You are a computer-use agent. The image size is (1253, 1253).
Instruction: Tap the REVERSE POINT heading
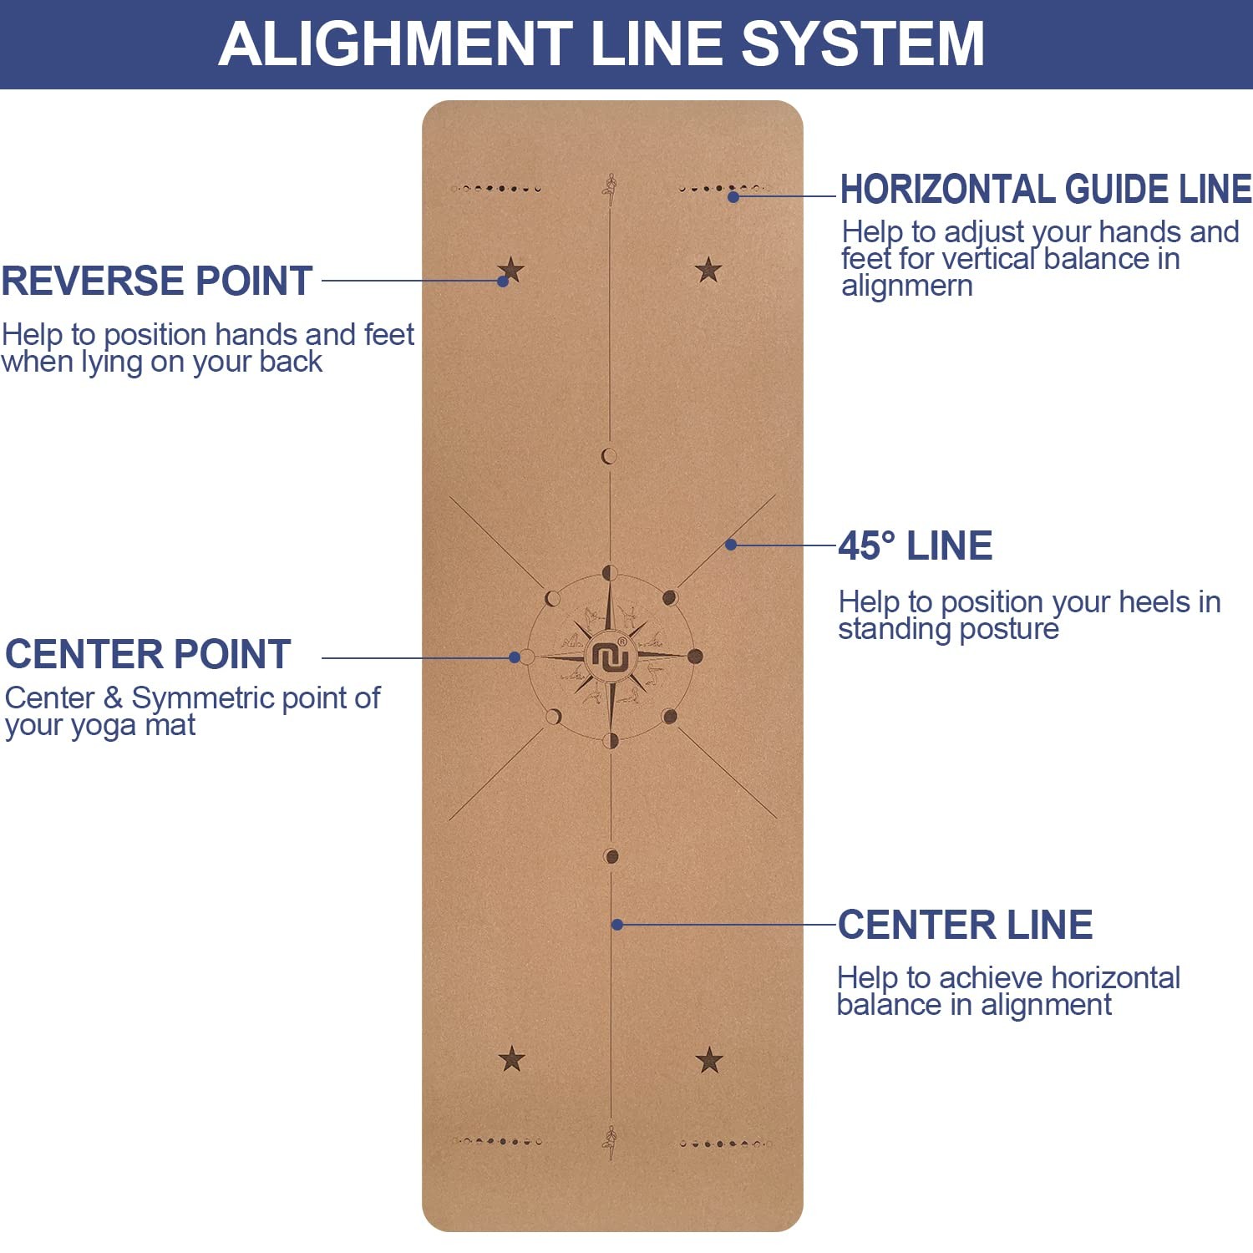pos(157,281)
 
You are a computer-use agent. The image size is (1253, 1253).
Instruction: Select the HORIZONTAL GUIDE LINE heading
pos(1046,189)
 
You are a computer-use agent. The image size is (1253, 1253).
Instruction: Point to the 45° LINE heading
pos(916,545)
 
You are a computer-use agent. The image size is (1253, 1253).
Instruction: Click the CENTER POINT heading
pos(148,654)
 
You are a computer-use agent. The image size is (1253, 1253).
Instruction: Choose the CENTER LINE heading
pos(965,925)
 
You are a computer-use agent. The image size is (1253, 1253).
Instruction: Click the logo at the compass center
pos(610,657)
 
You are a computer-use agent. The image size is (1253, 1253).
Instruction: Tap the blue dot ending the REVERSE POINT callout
pos(503,282)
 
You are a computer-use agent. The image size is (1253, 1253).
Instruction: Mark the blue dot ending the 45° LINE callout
pos(731,545)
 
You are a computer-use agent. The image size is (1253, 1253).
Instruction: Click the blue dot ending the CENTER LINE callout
pos(617,925)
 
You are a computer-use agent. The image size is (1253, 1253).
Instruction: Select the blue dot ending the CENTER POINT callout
pos(515,657)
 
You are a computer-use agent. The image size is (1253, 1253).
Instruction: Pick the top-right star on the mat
pos(708,270)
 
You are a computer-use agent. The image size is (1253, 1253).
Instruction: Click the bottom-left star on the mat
pos(511,1059)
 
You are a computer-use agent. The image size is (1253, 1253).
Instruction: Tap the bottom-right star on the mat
pos(709,1060)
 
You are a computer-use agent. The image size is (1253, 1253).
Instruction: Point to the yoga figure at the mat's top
pos(611,190)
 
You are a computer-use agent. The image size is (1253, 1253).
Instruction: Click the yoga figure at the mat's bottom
pos(611,1143)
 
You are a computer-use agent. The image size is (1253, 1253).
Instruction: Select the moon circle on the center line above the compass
pos(609,456)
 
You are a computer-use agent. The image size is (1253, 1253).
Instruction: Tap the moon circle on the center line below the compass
pos(611,856)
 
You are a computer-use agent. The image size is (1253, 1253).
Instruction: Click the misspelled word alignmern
pos(907,287)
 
